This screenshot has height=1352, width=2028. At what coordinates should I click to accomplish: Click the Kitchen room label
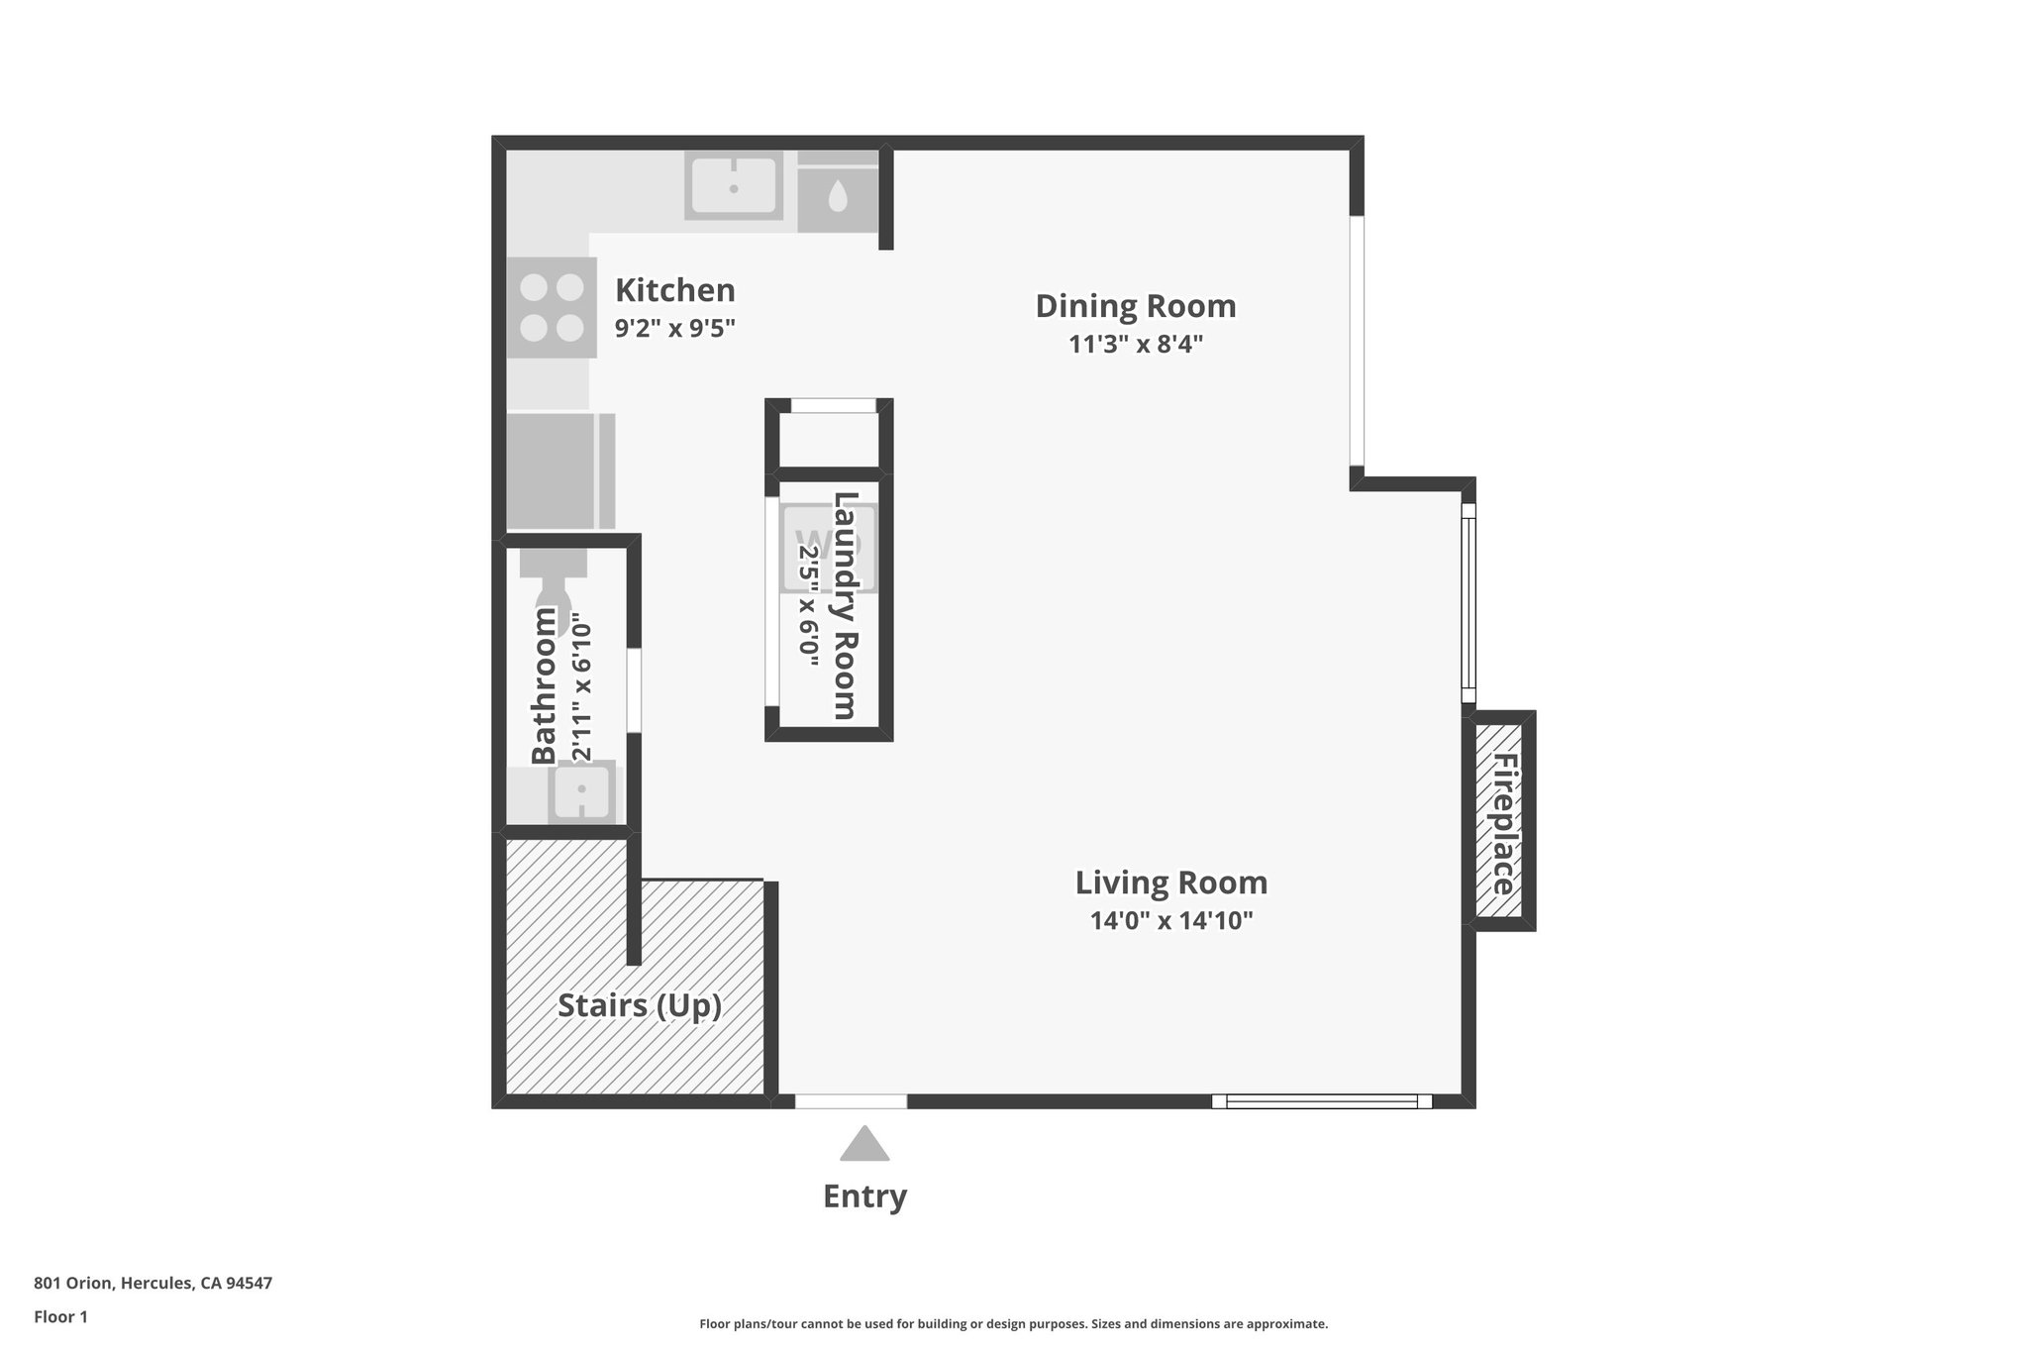click(674, 290)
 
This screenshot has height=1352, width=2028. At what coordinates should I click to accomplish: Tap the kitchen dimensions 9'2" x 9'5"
click(674, 328)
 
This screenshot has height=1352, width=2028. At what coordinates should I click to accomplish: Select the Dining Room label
click(1135, 306)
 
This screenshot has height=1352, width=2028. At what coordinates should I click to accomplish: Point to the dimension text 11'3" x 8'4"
click(1135, 344)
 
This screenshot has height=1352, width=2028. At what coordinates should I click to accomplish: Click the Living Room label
click(1170, 883)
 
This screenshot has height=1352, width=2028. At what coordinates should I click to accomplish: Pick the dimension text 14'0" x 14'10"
click(1170, 920)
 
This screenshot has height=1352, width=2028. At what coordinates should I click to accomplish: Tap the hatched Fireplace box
click(1500, 821)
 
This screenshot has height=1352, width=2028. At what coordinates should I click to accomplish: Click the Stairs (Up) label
click(639, 1005)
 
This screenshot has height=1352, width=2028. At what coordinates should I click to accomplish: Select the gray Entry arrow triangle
click(864, 1145)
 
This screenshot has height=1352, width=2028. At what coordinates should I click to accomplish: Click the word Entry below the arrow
click(864, 1196)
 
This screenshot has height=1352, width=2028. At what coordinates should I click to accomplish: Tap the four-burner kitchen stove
click(552, 307)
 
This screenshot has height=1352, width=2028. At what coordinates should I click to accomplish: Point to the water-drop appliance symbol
click(838, 196)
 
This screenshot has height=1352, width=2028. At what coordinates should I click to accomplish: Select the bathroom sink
click(581, 790)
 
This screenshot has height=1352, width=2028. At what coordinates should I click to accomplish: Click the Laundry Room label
click(844, 605)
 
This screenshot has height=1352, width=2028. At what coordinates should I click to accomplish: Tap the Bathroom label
click(544, 685)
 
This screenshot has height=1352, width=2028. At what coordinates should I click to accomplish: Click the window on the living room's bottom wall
click(1321, 1100)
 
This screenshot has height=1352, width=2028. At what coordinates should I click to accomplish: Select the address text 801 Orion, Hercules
click(152, 1283)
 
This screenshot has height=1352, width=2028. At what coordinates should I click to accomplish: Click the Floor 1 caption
click(60, 1316)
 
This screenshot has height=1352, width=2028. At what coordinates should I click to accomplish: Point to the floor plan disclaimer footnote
click(1013, 1323)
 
